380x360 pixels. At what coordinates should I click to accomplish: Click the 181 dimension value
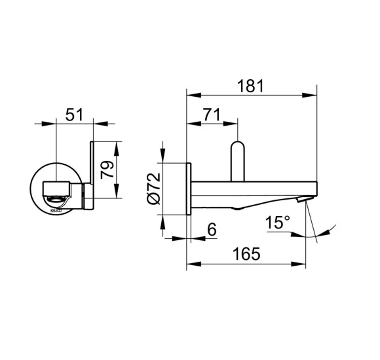(250, 85)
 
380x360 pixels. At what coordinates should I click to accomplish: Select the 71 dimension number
(211, 114)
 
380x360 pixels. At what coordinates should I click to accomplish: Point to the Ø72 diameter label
(153, 190)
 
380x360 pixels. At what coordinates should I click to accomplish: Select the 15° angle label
(278, 223)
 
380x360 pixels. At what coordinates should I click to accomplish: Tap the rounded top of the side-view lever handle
(238, 146)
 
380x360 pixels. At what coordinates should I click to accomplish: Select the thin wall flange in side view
(189, 190)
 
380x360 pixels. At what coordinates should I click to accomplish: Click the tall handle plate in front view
(92, 170)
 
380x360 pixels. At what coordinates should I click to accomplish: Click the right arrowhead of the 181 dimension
(313, 96)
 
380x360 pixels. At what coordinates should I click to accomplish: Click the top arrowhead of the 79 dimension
(117, 145)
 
